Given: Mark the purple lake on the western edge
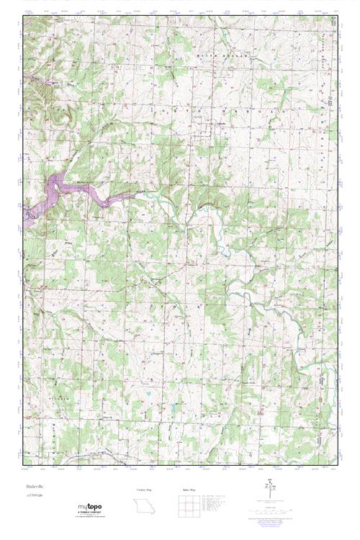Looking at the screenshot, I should point(58,193).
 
